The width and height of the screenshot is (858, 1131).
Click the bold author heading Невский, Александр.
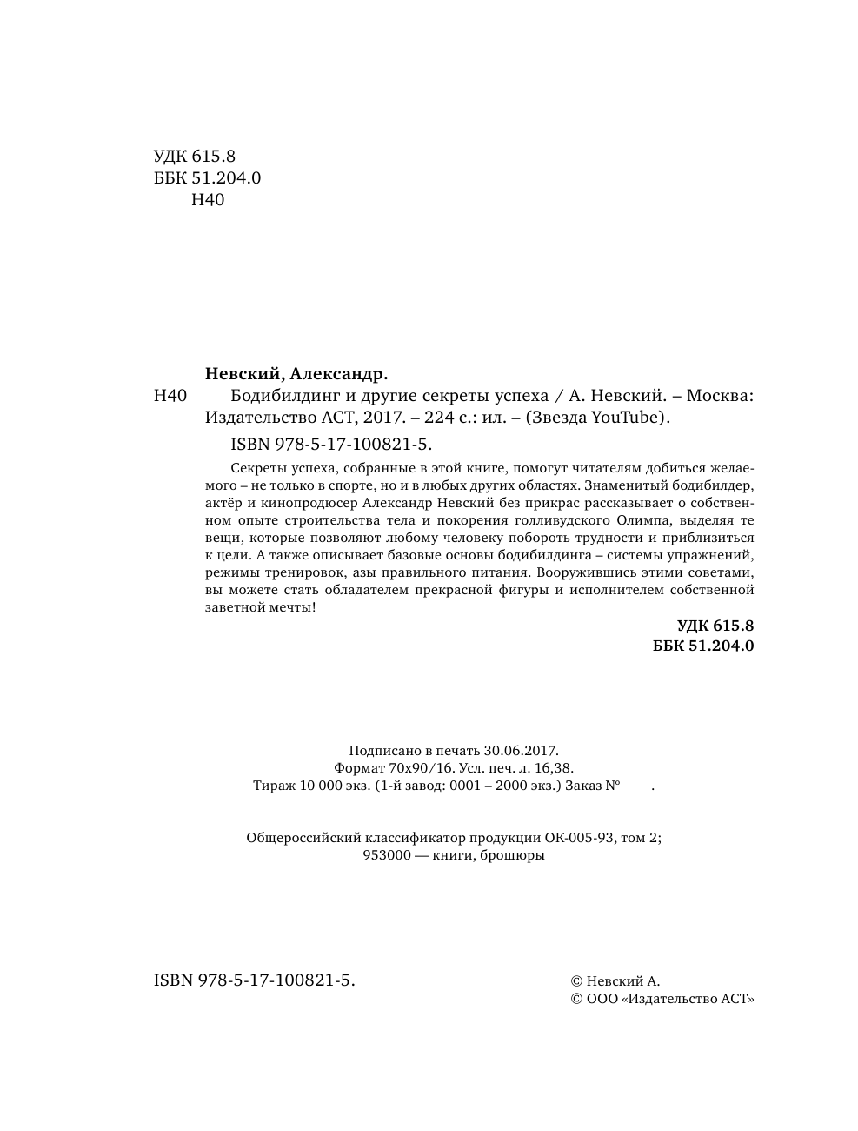coord(296,374)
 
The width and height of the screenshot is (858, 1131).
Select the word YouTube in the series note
coord(626,417)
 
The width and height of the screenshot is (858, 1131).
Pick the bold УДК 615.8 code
coord(715,625)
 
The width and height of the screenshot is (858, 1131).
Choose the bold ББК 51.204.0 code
coord(702,646)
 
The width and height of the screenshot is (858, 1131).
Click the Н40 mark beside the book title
coord(170,396)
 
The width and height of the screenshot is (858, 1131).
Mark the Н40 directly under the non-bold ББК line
coord(207,200)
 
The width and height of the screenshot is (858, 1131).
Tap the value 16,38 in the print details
coord(554,767)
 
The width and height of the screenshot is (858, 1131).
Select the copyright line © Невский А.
coord(615,980)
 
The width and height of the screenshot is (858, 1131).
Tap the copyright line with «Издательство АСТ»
coord(662,1000)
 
